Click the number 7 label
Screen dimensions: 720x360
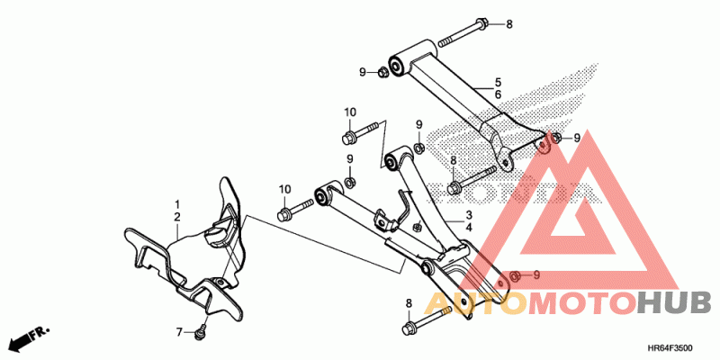point(178,330)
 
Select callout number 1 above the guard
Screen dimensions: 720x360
point(177,205)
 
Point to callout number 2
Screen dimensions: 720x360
point(177,218)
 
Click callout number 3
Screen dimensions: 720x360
point(469,216)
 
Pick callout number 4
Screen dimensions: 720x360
point(469,229)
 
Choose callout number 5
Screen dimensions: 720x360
point(498,81)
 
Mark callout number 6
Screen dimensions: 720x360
point(498,94)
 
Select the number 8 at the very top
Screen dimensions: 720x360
point(508,23)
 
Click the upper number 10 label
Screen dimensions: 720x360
point(349,112)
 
